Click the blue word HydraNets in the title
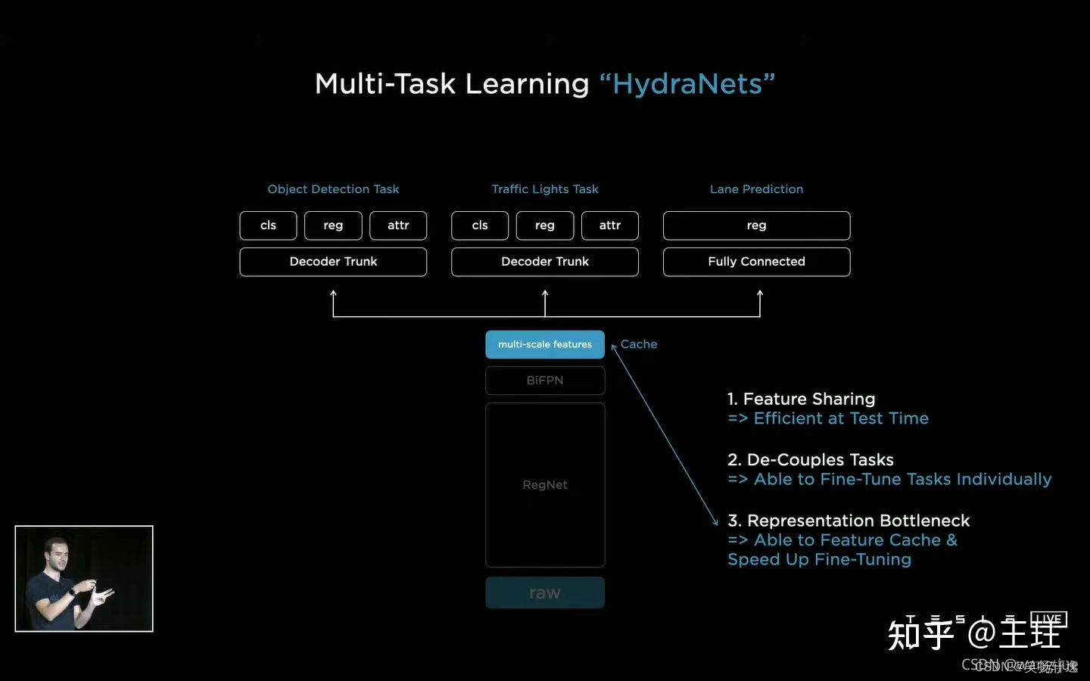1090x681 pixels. [x=687, y=84]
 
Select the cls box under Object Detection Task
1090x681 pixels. [x=268, y=225]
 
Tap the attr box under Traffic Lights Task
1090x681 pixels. [x=609, y=225]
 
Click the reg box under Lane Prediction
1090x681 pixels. [x=756, y=225]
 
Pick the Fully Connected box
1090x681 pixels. [x=756, y=262]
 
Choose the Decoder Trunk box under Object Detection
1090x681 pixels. [x=333, y=262]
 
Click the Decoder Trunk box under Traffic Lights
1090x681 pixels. [x=545, y=262]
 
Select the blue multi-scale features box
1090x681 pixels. [x=545, y=344]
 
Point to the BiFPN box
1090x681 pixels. [x=545, y=381]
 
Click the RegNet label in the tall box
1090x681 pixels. [x=545, y=485]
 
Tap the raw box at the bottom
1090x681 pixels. [x=545, y=593]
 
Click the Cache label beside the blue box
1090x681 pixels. [x=639, y=344]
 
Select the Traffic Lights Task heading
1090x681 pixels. [x=545, y=189]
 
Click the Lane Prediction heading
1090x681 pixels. [x=756, y=189]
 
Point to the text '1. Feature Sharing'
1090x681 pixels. [x=801, y=399]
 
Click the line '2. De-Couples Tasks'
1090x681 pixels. [x=810, y=460]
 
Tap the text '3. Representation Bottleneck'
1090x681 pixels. [x=848, y=521]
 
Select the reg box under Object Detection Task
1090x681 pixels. [x=333, y=225]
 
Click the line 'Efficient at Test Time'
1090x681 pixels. [x=840, y=418]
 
